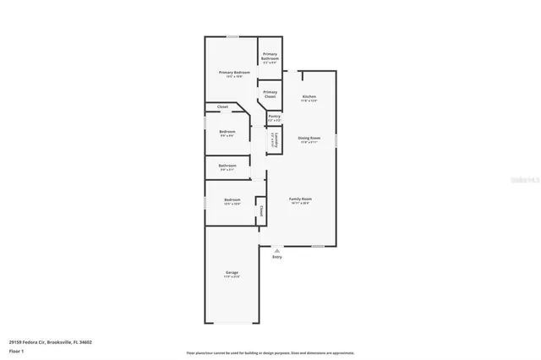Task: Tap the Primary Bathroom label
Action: click(270, 56)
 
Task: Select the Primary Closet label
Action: click(270, 94)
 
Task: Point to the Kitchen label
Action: click(309, 97)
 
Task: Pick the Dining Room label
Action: click(309, 138)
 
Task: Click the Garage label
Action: click(232, 272)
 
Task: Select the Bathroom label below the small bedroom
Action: click(227, 166)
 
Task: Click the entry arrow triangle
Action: click(276, 250)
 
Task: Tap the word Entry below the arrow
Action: click(276, 257)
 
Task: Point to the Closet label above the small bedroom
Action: click(223, 107)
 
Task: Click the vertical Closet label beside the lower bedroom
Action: click(261, 210)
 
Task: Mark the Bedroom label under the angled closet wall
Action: click(227, 131)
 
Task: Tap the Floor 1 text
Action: click(17, 350)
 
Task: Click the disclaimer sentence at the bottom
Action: click(270, 352)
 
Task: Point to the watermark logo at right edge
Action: click(527, 180)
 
